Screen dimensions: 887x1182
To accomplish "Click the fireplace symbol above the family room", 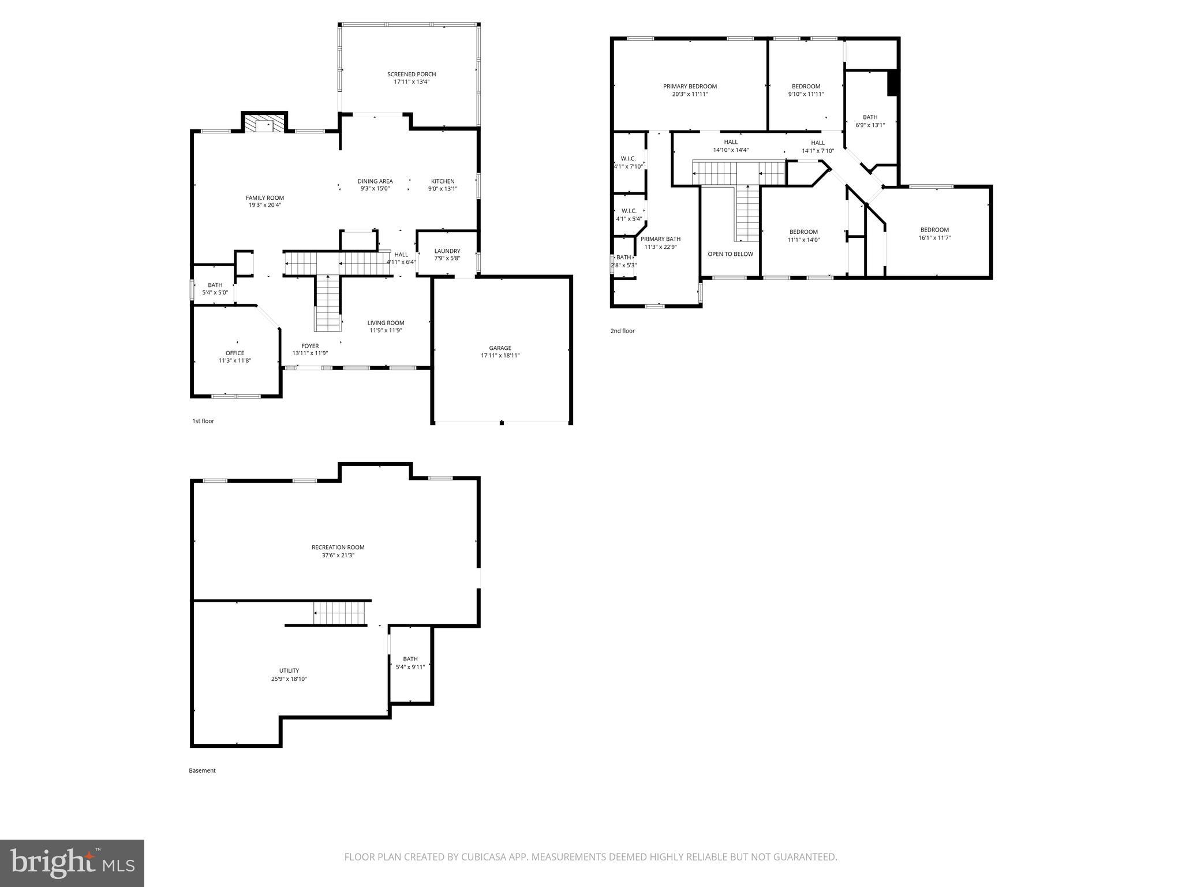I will click(x=264, y=124).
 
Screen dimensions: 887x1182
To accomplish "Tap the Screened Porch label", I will click(x=412, y=74).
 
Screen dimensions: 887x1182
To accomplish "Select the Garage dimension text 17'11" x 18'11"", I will click(x=500, y=356).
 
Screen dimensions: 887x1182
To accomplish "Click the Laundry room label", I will click(x=447, y=251).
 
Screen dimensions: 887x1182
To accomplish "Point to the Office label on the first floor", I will click(x=235, y=353).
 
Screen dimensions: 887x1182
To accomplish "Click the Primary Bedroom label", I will click(x=690, y=87).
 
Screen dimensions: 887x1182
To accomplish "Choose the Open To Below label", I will click(x=730, y=254).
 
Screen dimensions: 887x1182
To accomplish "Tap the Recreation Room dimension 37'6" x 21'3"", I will click(x=338, y=556).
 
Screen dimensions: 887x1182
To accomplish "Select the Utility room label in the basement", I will click(x=289, y=671).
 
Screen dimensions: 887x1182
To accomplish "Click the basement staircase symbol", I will click(x=340, y=613).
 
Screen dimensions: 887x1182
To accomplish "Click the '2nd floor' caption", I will click(x=622, y=331).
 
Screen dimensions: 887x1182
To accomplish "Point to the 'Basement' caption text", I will click(x=202, y=770).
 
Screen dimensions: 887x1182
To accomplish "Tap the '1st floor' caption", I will click(x=203, y=421).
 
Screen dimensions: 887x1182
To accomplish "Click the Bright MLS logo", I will click(x=72, y=863).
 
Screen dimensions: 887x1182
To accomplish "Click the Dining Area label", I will click(x=375, y=181).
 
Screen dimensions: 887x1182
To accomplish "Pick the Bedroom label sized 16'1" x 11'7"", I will click(x=934, y=230).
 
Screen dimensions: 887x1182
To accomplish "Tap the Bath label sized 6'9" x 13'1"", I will click(x=870, y=117).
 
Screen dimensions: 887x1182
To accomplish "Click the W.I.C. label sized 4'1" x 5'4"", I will click(x=629, y=211).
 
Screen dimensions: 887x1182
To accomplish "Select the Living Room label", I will click(x=386, y=323).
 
